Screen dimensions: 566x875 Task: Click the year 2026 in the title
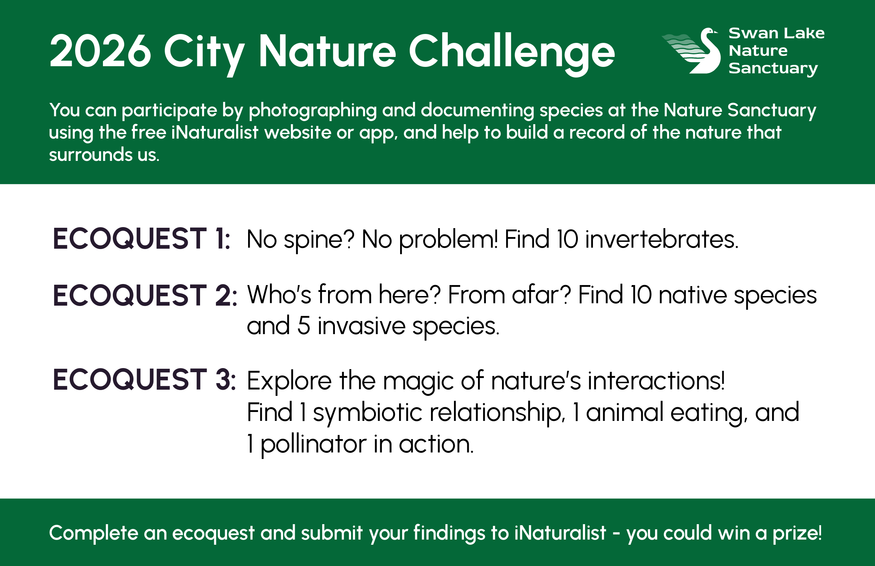[x=100, y=51]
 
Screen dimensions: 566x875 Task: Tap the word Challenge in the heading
[x=511, y=51]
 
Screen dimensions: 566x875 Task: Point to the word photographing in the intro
[x=313, y=110]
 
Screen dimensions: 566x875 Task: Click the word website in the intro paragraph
[x=298, y=132]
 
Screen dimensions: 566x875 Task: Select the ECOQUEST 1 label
[x=141, y=239]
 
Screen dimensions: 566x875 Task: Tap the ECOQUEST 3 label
[x=144, y=380]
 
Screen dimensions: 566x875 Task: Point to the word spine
[x=319, y=240]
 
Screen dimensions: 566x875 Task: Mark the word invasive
[x=361, y=326]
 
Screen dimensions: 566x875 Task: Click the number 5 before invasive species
[x=303, y=326]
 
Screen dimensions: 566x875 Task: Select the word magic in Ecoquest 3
[x=418, y=381]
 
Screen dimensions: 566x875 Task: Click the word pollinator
[x=313, y=444]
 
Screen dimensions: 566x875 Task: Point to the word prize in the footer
[x=797, y=533]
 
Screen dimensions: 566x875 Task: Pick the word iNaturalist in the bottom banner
[x=560, y=533]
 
